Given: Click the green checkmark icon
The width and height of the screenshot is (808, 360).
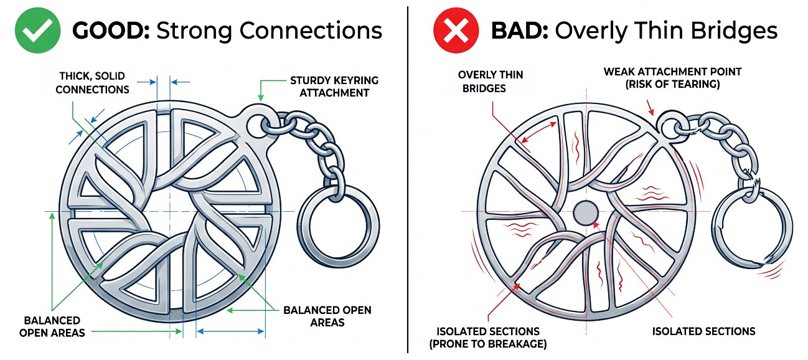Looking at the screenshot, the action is [37, 31].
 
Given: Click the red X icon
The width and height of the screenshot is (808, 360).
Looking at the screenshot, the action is [456, 31].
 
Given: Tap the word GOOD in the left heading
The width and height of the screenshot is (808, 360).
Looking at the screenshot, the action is [111, 31].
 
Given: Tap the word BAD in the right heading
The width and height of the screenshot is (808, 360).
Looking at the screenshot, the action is [520, 31].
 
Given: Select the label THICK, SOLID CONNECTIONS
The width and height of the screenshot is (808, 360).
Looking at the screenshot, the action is [92, 83].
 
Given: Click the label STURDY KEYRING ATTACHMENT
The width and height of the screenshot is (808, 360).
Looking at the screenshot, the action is [334, 87].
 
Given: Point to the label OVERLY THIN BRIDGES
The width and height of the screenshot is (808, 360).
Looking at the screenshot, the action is [490, 81].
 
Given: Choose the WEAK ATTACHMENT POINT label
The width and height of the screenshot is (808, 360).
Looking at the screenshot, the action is [672, 78].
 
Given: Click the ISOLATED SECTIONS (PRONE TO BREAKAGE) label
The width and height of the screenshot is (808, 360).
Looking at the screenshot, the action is [487, 338].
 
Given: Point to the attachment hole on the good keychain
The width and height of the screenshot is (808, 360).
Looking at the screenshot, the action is [257, 125].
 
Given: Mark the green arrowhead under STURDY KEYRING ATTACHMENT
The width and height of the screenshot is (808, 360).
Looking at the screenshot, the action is [260, 97].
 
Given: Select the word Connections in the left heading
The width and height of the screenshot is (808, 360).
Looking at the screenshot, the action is [311, 31].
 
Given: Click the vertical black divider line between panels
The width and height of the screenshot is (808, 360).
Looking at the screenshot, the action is [408, 179].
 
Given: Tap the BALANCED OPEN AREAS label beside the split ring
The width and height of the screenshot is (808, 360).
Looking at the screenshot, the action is [327, 316].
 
